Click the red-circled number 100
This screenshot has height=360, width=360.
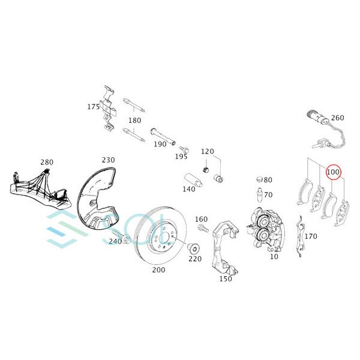point(334,173)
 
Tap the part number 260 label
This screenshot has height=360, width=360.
point(338,118)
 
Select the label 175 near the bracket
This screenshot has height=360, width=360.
point(93,107)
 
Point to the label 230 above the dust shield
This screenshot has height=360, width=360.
point(108,160)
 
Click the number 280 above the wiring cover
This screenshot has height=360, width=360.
point(47,163)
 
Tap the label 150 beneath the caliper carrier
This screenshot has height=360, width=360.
point(225,278)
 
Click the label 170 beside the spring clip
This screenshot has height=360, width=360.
point(311,236)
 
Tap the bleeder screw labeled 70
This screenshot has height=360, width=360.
point(257,195)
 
